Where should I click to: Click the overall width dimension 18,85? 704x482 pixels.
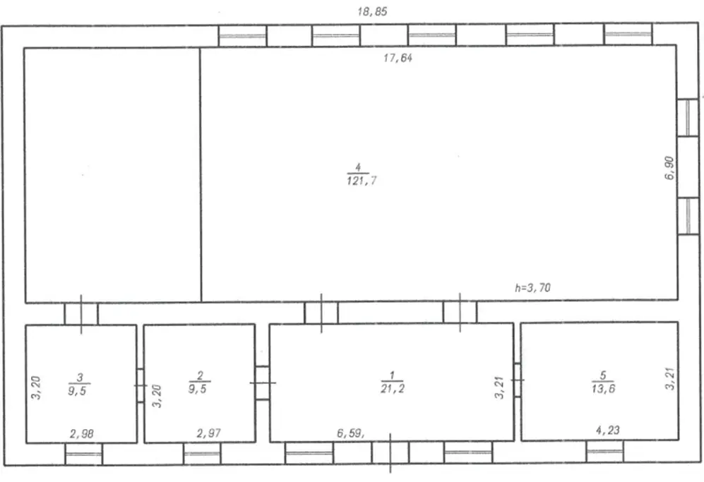click(x=372, y=11)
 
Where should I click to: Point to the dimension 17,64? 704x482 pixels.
click(x=398, y=58)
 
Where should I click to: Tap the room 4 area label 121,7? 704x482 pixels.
click(x=362, y=181)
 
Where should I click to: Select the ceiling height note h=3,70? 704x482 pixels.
click(x=532, y=287)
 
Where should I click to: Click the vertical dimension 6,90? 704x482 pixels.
click(x=669, y=168)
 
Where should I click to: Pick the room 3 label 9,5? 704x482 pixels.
click(x=77, y=391)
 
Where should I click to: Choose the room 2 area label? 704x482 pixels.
click(x=198, y=389)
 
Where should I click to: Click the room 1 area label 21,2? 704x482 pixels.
click(x=393, y=389)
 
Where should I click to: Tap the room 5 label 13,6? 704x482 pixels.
click(x=604, y=389)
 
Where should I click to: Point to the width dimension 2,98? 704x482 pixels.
click(x=82, y=433)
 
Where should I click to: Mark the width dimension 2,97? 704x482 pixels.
click(x=209, y=433)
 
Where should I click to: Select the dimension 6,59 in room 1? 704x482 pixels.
click(x=350, y=433)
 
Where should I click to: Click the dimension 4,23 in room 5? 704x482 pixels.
click(x=608, y=430)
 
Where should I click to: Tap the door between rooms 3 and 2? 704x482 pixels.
click(x=140, y=385)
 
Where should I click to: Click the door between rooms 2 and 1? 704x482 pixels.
click(x=262, y=382)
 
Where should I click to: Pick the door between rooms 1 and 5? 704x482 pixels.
click(x=517, y=380)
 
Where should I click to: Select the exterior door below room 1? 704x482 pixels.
click(x=390, y=452)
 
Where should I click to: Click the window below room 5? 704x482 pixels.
click(x=604, y=451)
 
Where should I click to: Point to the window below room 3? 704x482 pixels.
click(x=84, y=454)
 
